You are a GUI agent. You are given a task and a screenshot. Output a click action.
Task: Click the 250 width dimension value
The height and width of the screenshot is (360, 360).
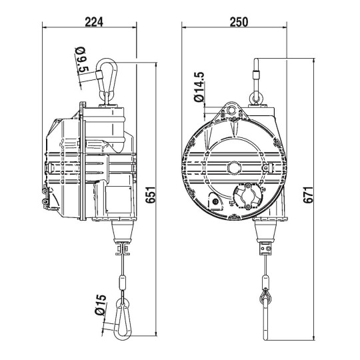237,21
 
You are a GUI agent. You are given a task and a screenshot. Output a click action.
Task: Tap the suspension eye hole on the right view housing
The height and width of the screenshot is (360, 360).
231,109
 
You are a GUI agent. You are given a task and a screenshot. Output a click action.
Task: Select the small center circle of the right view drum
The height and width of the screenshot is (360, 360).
233,167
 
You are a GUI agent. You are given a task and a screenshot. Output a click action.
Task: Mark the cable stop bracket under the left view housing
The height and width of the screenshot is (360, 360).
123,249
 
